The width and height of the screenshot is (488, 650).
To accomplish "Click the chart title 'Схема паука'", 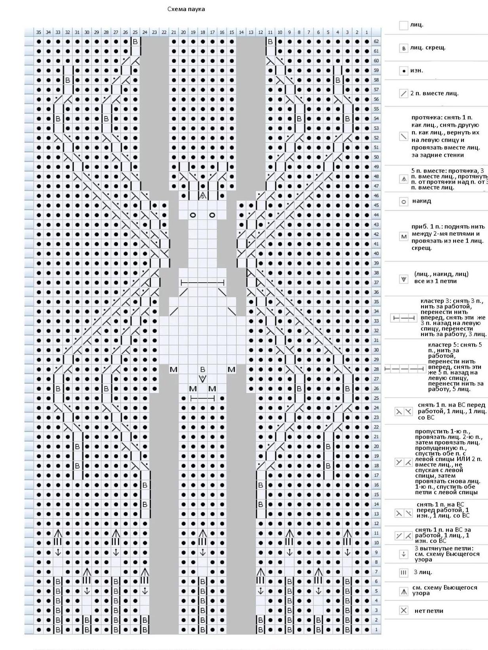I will click(186, 9).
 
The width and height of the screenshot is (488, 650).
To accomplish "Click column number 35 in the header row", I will click(38, 32).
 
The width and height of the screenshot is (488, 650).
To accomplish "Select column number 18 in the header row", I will click(203, 32).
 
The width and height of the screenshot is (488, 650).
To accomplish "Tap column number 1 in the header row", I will click(366, 32).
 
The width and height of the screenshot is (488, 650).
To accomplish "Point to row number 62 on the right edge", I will click(376, 42).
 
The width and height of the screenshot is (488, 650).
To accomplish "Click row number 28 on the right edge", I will click(376, 369).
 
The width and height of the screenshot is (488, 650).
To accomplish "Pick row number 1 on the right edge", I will click(376, 629).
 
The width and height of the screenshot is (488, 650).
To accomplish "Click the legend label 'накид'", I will click(422, 201).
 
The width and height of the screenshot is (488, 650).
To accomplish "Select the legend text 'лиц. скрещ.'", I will click(428, 47).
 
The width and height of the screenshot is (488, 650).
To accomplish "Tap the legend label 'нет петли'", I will click(429, 611).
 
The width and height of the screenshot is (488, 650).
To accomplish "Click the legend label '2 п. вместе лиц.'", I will click(434, 93).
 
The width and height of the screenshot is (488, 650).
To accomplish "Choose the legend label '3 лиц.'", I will click(423, 572).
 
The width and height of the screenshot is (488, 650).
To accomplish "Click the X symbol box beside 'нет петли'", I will click(403, 611).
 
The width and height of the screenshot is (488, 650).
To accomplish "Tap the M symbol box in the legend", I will click(403, 237).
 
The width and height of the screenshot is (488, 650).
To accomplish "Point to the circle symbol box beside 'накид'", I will click(403, 202).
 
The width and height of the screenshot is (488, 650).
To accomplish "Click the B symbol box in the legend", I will click(403, 48).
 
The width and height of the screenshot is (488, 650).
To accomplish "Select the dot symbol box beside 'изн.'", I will click(403, 71).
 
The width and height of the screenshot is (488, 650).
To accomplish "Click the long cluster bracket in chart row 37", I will click(203, 282).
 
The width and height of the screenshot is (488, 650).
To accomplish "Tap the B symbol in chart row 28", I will click(203, 369).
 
